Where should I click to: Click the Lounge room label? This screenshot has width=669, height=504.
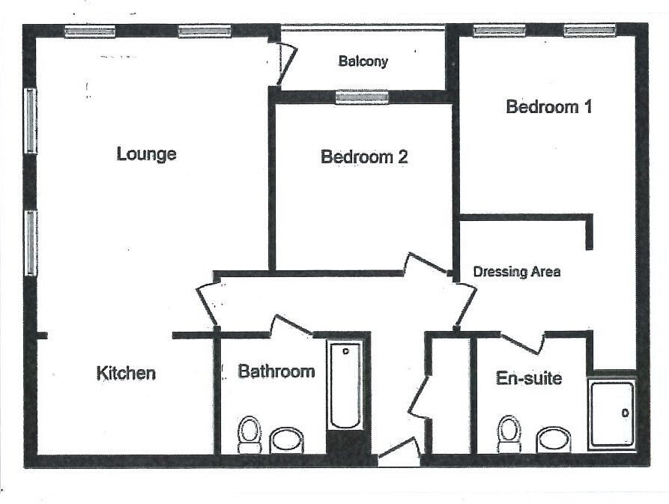tap(147, 154)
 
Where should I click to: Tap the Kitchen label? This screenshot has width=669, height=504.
tap(126, 373)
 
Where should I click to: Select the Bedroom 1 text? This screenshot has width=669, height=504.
tap(549, 107)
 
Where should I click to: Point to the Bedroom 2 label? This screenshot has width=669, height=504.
tap(364, 157)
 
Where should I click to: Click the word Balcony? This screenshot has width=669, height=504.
tap(363, 61)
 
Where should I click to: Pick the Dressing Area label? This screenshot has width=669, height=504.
tap(517, 272)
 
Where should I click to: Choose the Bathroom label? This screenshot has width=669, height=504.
tap(276, 371)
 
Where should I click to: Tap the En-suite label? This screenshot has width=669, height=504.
tap(529, 378)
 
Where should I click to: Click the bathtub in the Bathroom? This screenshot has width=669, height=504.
tap(346, 385)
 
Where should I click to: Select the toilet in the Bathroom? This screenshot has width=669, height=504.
tap(249, 434)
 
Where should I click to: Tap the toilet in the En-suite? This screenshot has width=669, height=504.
tap(509, 434)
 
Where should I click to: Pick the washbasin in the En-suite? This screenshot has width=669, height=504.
tap(554, 440)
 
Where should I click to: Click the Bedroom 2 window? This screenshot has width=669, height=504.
tap(362, 97)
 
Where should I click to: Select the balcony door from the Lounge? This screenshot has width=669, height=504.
tap(285, 63)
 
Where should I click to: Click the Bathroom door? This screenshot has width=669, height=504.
tap(291, 326)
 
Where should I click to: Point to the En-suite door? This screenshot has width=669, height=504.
tap(522, 341)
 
